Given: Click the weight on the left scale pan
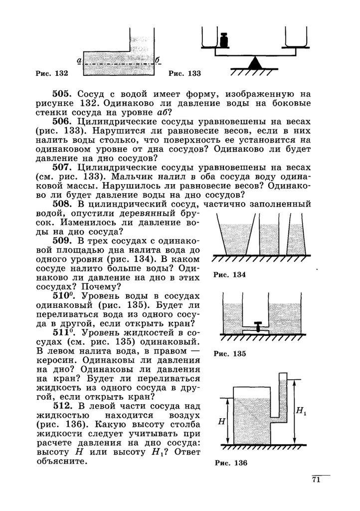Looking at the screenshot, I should coord(224,40).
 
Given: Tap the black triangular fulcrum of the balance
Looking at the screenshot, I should coord(255,63).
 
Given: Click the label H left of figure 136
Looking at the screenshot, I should coord(221,421).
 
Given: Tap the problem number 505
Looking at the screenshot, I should coord(62,93).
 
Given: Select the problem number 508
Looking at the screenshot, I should coord(62,204).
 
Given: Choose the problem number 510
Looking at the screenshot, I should coord(62,295).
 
